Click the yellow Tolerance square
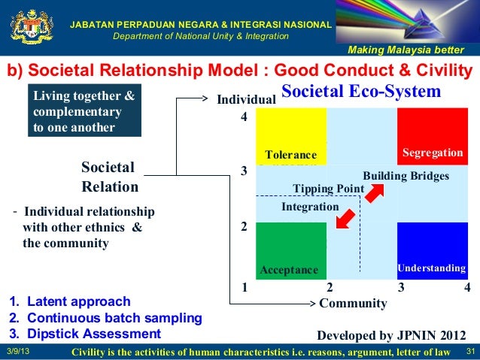click(x=291, y=136)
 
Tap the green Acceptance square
click(x=291, y=251)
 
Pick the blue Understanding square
click(x=432, y=251)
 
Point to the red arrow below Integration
click(x=345, y=216)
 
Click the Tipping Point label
click(x=328, y=188)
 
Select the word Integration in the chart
click(x=310, y=205)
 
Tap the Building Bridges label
click(x=406, y=176)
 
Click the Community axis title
click(x=353, y=304)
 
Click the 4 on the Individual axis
click(x=243, y=117)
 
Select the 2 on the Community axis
click(x=330, y=286)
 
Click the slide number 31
click(x=472, y=352)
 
